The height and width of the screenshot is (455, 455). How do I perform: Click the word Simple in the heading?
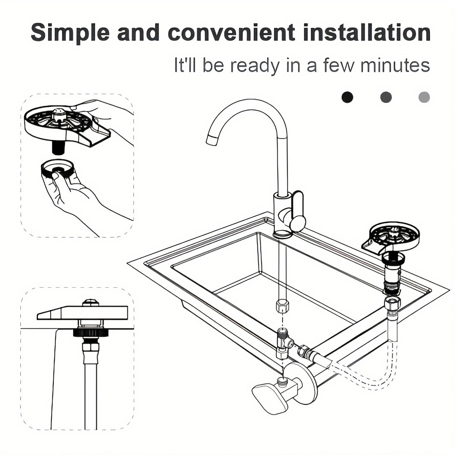70,33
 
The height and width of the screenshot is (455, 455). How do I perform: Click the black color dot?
347,97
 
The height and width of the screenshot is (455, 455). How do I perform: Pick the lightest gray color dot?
424,97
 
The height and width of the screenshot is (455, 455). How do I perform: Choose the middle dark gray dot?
386,97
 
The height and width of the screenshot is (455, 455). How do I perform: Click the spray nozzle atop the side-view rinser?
91,303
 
